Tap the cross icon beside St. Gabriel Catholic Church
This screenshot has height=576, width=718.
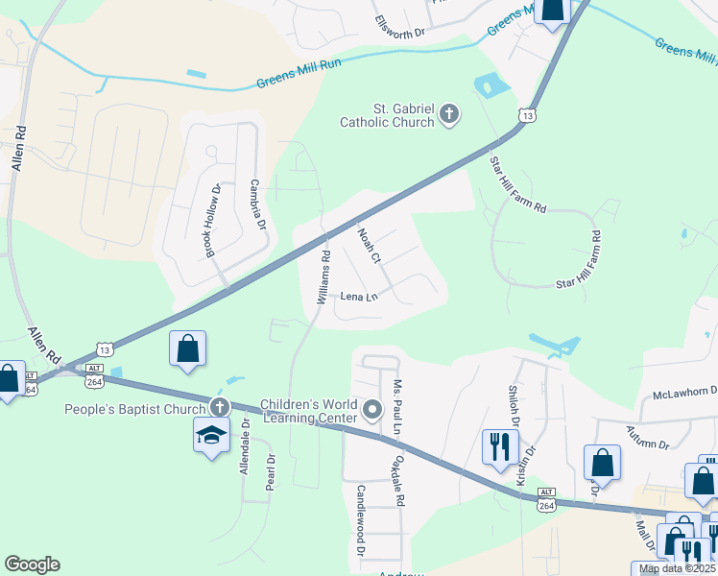point(448,116)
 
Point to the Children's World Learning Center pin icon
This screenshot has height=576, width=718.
point(372,410)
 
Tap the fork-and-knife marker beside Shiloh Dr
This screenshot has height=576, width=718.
point(499,447)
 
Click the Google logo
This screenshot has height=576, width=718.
point(32,564)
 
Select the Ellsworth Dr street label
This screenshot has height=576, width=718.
point(400,27)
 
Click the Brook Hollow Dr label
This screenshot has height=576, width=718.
point(212,221)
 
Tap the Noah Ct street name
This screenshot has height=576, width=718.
point(370,246)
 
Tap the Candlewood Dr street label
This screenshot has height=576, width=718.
point(362,519)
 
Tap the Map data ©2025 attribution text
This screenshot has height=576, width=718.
point(678,569)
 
